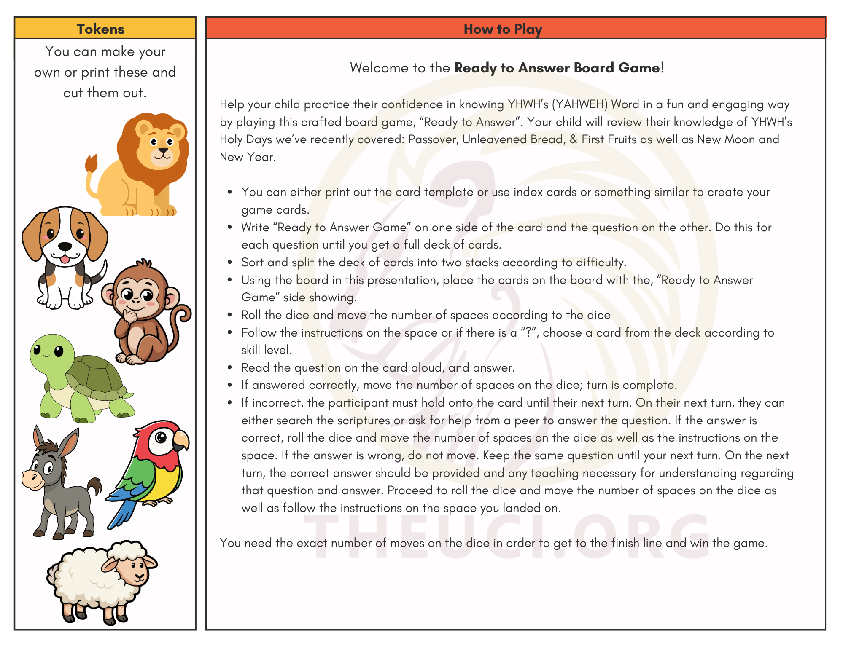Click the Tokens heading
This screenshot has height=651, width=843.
coord(100,29)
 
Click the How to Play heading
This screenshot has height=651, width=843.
coord(503,29)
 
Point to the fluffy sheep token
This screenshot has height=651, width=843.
coord(101,581)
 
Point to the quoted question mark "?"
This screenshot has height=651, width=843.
coord(528,333)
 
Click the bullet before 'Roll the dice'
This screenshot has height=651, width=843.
coord(230,315)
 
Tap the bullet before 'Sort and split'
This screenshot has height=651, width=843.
coord(230,263)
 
